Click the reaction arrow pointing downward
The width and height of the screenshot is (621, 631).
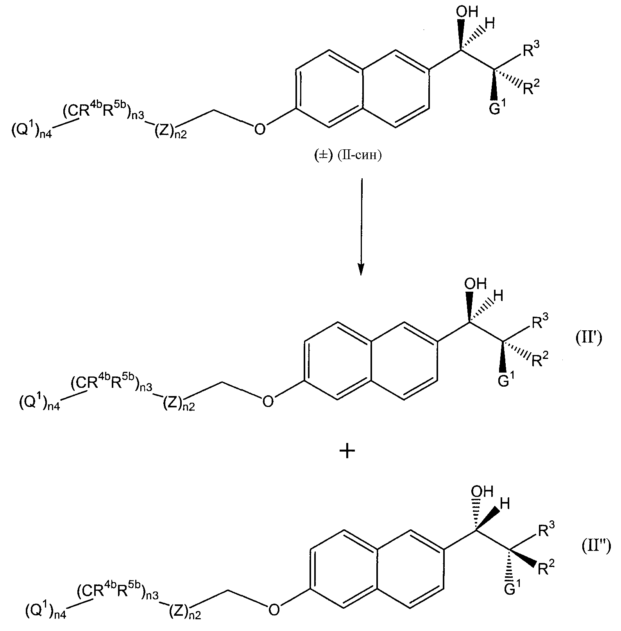361,227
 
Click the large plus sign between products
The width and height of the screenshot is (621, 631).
347,452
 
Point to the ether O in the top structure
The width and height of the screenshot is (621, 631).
259,129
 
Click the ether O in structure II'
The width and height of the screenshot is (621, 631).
268,401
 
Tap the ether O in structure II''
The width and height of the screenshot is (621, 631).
274,609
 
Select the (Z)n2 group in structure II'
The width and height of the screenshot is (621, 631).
178,403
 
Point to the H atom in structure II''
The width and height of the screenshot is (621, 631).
505,505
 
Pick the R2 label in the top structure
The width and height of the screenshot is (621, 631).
531,88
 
